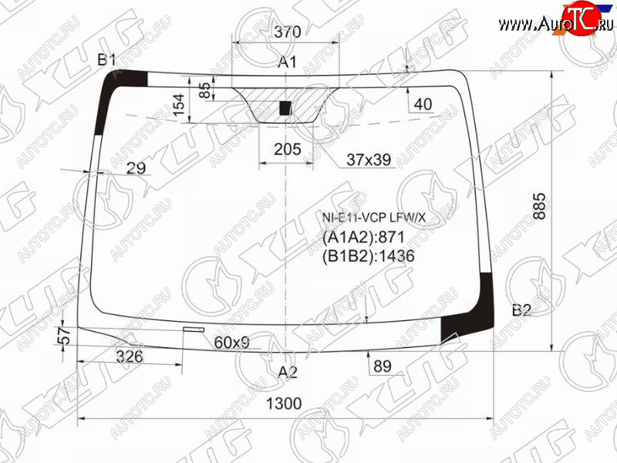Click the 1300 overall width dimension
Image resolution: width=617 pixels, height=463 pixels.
click(284, 404)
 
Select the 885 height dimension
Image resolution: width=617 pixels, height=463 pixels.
click(539, 206)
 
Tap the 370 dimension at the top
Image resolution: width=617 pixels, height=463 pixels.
click(288, 32)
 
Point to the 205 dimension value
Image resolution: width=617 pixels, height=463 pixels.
click(288, 149)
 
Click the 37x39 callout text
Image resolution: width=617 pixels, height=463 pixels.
click(369, 160)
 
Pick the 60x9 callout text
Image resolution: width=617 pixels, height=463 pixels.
click(232, 343)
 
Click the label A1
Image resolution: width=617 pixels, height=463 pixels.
click(287, 62)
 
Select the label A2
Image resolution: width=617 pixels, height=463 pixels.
click(288, 372)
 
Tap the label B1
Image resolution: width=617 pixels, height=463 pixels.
click(106, 60)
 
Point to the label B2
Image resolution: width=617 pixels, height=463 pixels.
click(522, 311)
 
